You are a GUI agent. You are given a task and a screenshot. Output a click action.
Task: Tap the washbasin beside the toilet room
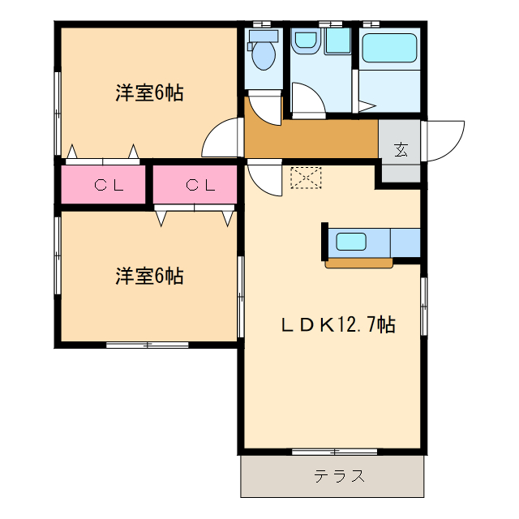(307, 41)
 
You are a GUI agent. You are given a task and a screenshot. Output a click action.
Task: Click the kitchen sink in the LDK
(352, 241)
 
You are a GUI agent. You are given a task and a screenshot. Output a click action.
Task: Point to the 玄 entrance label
(401, 149)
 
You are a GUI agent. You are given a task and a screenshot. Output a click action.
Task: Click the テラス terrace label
(333, 476)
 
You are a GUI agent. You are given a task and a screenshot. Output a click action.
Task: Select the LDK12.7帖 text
(338, 326)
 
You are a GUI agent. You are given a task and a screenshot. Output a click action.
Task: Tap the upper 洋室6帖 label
(148, 93)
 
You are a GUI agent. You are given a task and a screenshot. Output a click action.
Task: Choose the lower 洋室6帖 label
(148, 277)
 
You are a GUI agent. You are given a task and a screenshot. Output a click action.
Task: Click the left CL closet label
(108, 185)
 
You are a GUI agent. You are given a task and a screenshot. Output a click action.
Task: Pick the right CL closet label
(199, 185)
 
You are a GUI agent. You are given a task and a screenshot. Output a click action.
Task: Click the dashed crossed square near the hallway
(306, 178)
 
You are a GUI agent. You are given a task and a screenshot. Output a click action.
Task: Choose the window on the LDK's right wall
(423, 304)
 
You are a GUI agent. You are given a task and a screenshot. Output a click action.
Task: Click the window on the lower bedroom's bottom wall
(148, 345)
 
